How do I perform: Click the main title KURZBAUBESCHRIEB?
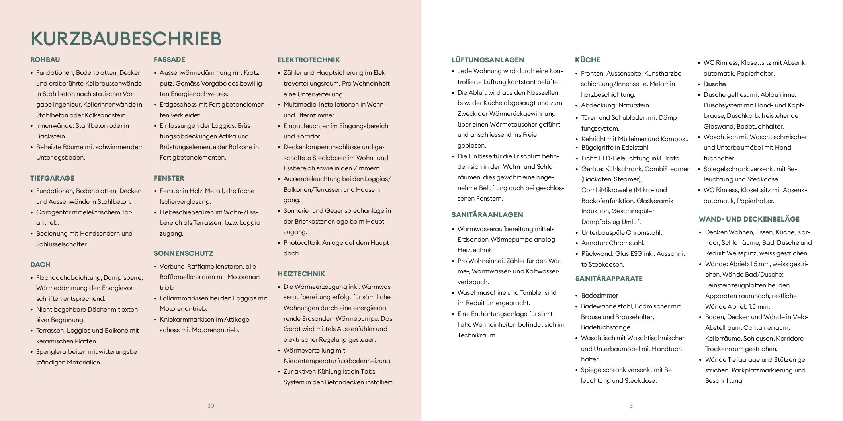(126, 39)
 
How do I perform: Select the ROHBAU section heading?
(45, 60)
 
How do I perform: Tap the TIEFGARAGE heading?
(52, 178)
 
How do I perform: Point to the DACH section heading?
(40, 265)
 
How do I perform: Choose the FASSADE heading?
(169, 60)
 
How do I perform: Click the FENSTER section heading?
(169, 178)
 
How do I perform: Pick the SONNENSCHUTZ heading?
(183, 253)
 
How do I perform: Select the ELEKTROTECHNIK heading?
(309, 60)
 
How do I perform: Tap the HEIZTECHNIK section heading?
(301, 274)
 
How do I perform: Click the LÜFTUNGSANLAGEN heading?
(487, 60)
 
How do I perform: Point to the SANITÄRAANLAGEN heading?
(487, 215)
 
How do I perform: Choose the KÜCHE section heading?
(587, 60)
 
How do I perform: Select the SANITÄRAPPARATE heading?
(609, 279)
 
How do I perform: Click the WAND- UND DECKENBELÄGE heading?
(749, 219)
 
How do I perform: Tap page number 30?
(211, 406)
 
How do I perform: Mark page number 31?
(632, 406)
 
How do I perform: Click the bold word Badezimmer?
(599, 296)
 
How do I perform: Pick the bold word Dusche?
(714, 84)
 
